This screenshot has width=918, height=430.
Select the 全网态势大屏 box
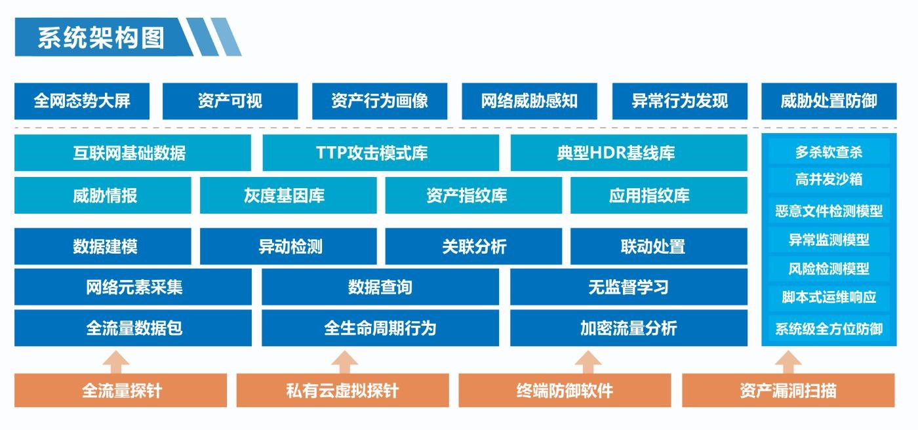82,101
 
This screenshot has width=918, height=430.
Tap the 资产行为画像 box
380,101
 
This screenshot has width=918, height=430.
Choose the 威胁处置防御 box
829,101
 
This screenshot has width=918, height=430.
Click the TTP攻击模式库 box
381,153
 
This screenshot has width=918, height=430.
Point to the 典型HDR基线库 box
629,153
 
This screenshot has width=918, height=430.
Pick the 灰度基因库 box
288,195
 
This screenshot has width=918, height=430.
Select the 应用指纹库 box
658,195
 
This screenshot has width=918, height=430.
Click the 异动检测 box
288,246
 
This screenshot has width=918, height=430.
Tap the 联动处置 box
658,246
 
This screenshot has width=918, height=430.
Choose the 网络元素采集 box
133,287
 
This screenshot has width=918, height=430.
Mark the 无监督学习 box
629,287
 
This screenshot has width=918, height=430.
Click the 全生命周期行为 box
380,328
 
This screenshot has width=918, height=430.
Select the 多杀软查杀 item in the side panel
829,152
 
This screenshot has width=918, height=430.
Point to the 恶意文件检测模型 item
829,211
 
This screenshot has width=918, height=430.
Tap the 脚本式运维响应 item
829,298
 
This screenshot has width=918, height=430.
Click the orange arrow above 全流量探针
116,362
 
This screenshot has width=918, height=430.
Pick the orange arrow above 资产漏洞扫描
788,362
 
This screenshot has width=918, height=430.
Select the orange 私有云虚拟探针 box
342,390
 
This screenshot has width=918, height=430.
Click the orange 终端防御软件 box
565,390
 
